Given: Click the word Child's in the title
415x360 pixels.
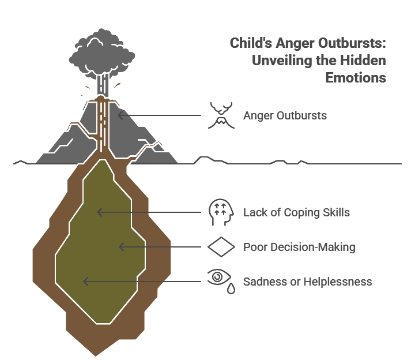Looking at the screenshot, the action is [x=251, y=43].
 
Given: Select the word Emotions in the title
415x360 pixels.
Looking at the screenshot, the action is [x=356, y=78].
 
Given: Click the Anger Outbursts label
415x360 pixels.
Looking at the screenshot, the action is [x=285, y=116].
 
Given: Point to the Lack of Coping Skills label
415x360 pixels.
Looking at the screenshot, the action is [x=296, y=212].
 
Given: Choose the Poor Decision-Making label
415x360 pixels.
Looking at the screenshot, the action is [x=299, y=247].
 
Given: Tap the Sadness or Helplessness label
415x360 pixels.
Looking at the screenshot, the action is [x=308, y=282].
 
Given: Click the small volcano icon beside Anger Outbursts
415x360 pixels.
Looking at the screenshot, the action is [x=221, y=115].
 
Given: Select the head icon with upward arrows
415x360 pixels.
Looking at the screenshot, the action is [x=221, y=212].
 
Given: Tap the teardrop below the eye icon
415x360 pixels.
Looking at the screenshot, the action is [x=231, y=288].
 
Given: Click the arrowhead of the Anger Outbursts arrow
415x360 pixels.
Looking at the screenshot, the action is [x=120, y=115].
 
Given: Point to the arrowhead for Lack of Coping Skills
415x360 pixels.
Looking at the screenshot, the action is [x=99, y=212].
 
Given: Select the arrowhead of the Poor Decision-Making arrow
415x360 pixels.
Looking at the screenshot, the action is [x=121, y=247].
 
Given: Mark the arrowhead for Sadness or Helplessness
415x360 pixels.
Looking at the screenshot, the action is [x=85, y=282].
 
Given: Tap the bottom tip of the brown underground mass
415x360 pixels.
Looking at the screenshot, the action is [x=96, y=356].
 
